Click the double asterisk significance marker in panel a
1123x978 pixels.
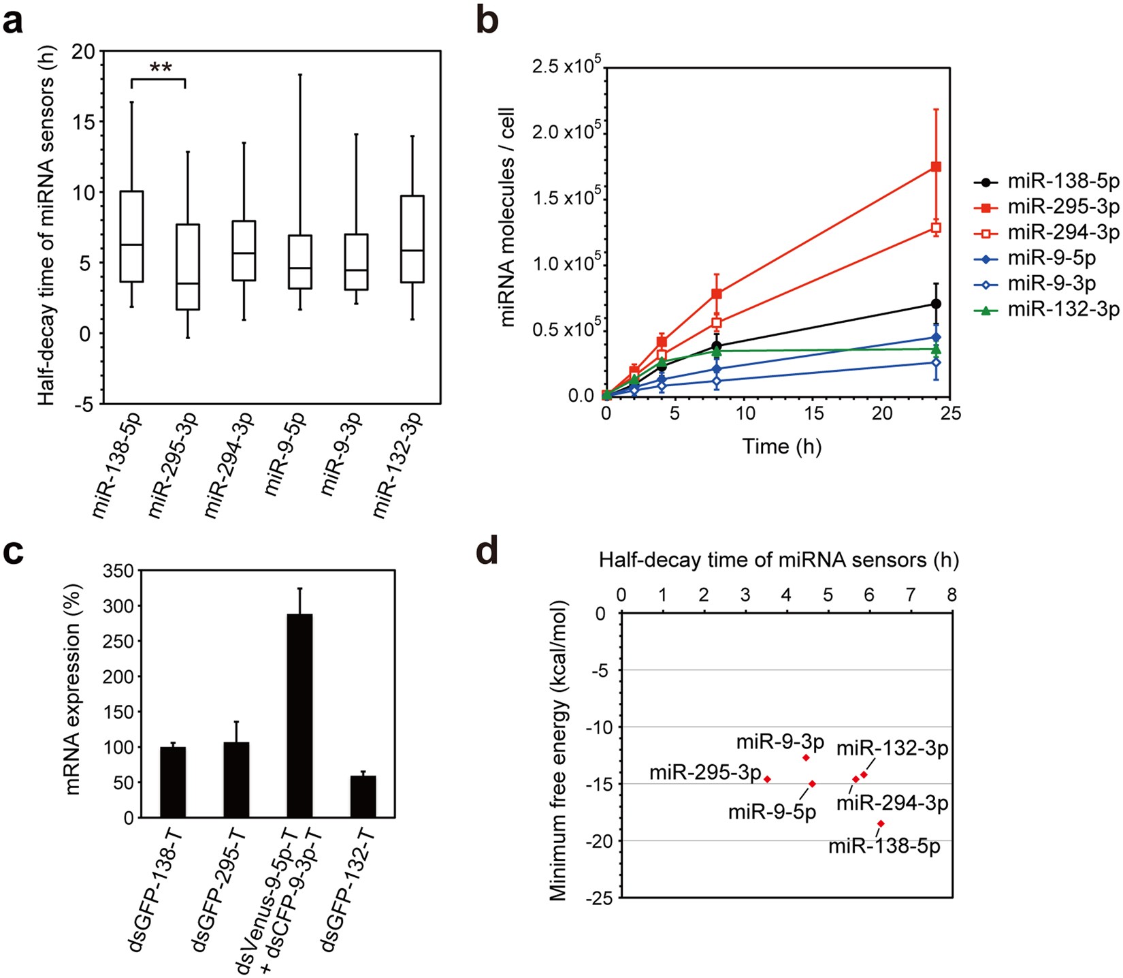coord(161,67)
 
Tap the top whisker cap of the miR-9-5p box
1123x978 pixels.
coord(300,74)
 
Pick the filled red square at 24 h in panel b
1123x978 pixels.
coord(936,167)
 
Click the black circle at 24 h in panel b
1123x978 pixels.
coord(936,304)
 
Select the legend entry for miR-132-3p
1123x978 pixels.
coord(1048,310)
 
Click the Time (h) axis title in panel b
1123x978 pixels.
coord(781,447)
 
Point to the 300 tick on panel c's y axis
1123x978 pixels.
coord(119,605)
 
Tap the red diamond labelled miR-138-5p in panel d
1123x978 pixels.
coord(881,823)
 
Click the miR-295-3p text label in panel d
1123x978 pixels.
coord(704,773)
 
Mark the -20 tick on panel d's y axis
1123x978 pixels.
coord(599,840)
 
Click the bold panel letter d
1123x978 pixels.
coord(487,552)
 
